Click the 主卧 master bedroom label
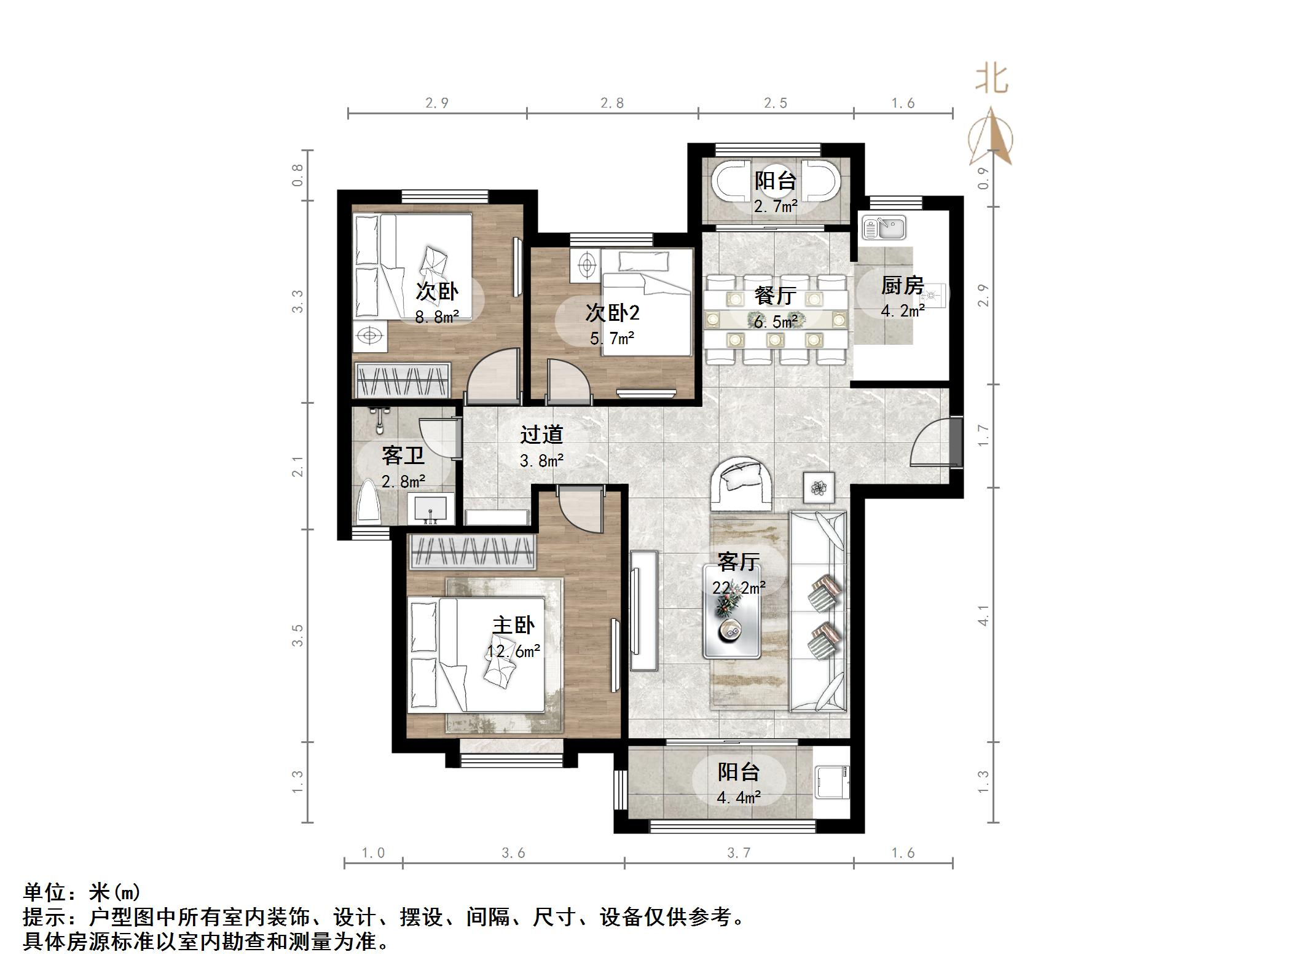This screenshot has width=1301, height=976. pos(513,625)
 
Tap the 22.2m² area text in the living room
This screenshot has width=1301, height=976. pos(739,588)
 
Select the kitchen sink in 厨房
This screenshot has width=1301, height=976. pos(884,227)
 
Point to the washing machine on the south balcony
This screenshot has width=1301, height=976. pos(832,782)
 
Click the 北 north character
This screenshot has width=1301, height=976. pos(991,79)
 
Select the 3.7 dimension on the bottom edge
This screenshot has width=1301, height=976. pos(739,852)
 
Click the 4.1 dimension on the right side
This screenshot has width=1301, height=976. pos(983,615)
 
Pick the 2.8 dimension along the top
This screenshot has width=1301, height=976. pos(612,103)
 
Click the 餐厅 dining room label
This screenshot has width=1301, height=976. pos(775,296)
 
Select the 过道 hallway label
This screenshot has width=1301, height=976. pos(541,435)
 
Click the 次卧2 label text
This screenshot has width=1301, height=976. pos(612,313)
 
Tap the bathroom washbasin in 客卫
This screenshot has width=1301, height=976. pos(431,509)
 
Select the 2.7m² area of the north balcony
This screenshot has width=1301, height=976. pos(776,207)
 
